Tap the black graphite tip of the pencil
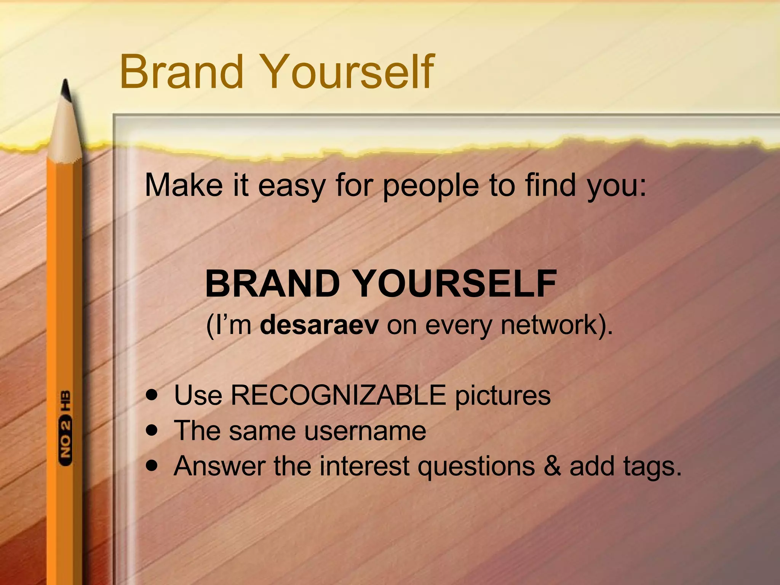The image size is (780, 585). click(x=66, y=91)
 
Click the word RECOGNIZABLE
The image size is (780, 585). click(x=338, y=395)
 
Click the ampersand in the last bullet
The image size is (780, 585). click(x=552, y=466)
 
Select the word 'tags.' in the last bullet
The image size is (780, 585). click(x=625, y=467)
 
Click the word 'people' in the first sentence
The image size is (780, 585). click(x=430, y=185)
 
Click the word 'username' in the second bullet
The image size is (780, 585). click(x=364, y=431)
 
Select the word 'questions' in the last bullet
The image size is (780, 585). click(x=476, y=467)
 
